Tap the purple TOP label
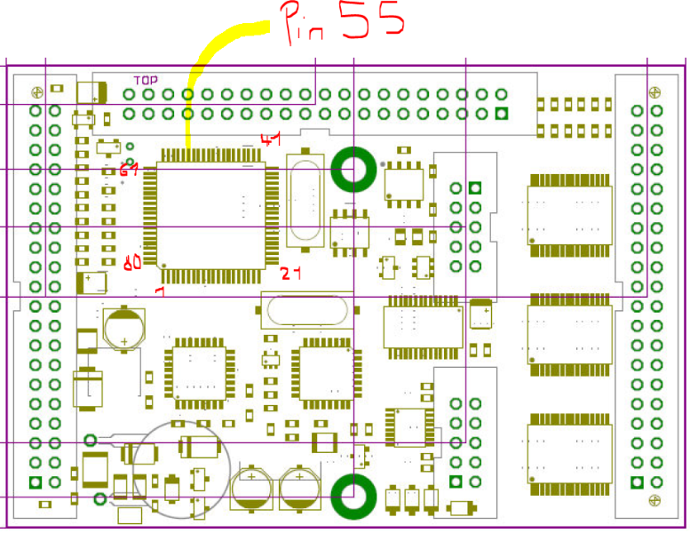(146, 80)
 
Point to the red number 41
(270, 139)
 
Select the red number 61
(130, 170)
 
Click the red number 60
(132, 262)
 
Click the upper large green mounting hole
(353, 169)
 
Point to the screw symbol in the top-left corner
(36, 92)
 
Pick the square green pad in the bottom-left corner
(36, 483)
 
